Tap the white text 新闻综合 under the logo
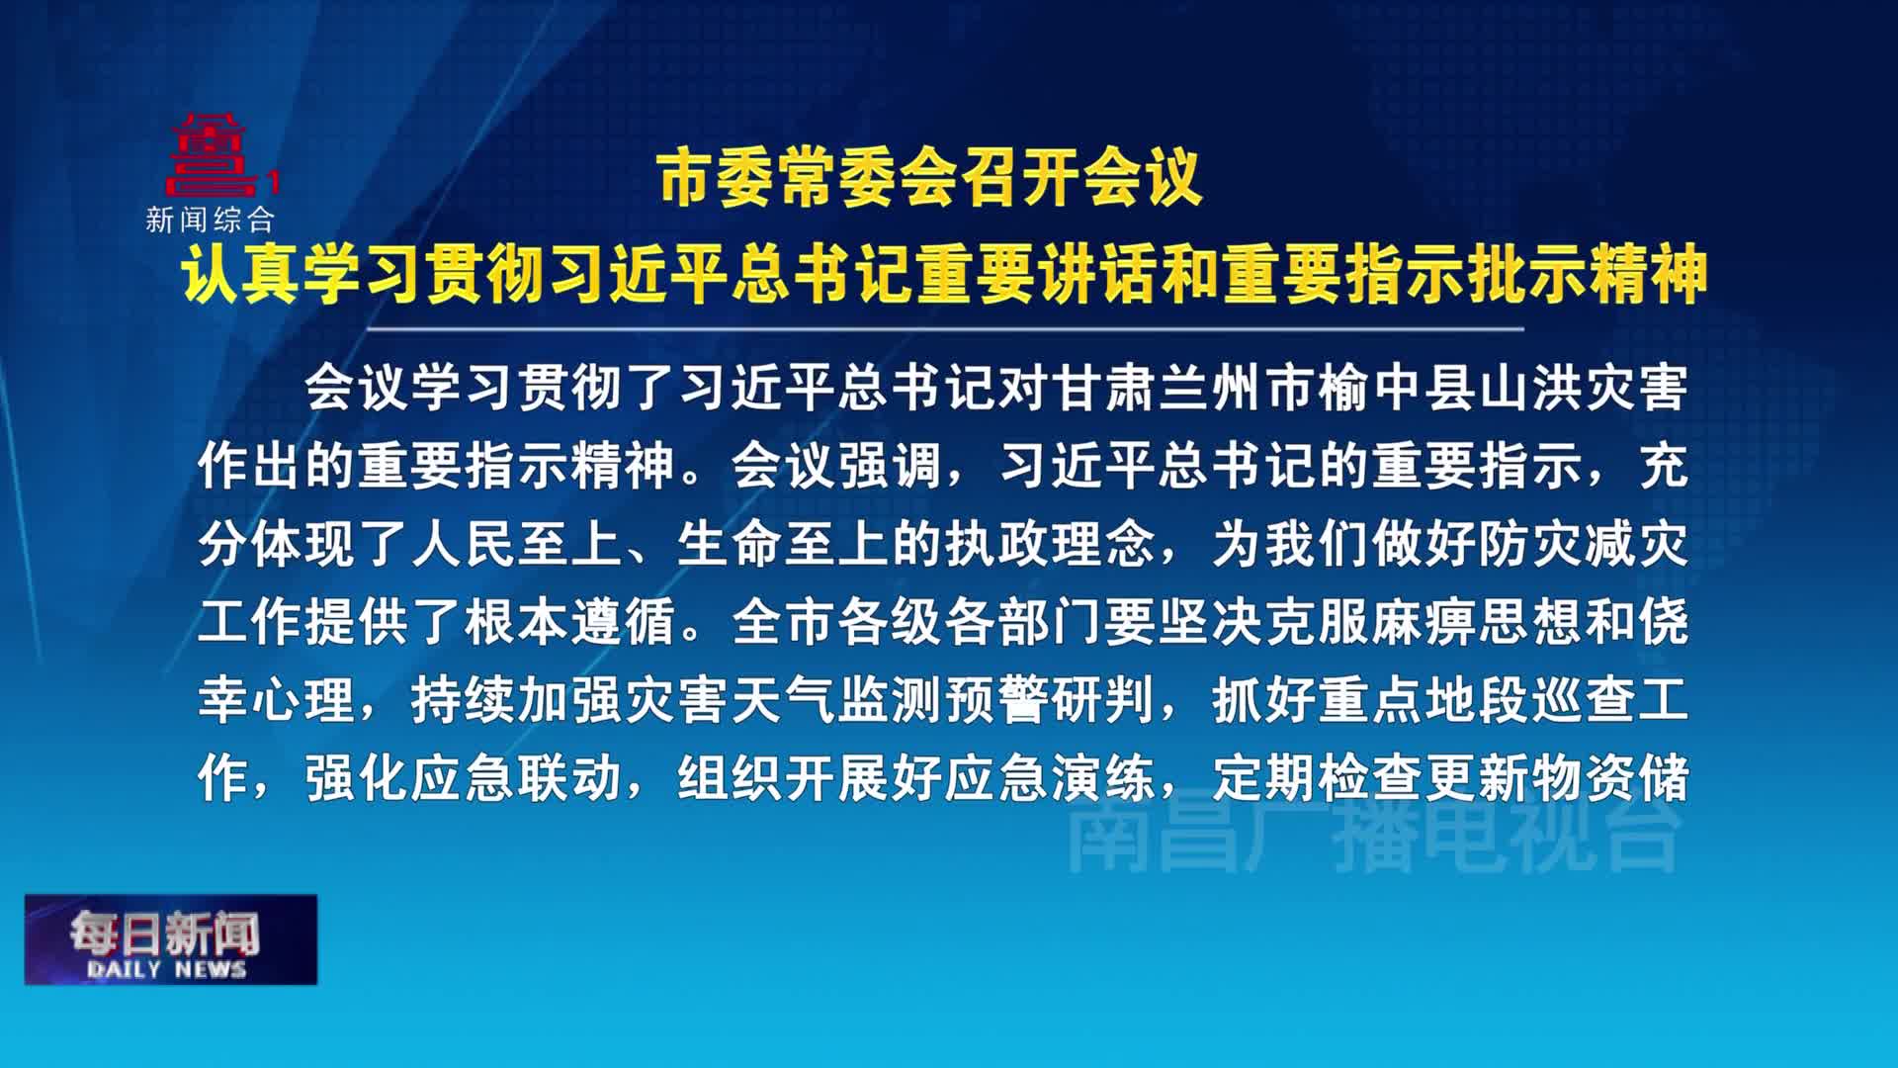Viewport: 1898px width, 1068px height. coord(210,220)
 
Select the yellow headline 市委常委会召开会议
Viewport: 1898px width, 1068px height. coord(930,179)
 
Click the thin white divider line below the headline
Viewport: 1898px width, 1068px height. coord(945,328)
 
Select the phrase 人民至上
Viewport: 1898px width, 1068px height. coord(518,544)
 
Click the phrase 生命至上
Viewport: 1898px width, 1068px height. coord(785,544)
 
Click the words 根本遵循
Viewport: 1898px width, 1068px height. coord(570,622)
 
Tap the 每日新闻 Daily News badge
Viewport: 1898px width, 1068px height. coord(171,939)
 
